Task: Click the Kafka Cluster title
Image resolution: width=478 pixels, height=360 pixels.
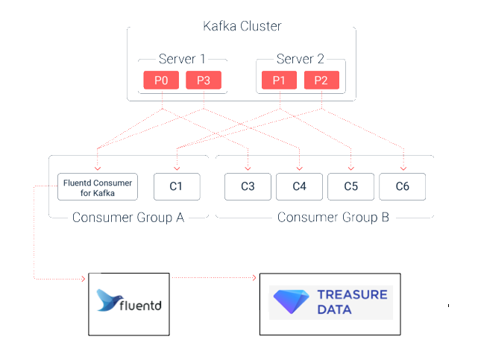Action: click(242, 27)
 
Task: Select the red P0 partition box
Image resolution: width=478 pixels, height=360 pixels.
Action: click(161, 80)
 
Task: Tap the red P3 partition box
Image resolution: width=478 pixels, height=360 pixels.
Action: click(203, 80)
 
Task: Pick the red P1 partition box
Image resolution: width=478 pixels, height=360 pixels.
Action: click(280, 80)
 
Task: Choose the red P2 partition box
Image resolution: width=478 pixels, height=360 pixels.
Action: click(321, 80)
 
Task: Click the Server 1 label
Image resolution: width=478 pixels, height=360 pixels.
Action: click(182, 59)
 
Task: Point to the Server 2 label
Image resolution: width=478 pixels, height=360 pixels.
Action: click(300, 59)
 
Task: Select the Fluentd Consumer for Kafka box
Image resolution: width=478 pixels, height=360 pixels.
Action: click(98, 186)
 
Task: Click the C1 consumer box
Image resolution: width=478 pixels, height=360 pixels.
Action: click(177, 186)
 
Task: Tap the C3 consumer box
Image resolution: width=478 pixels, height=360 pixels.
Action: click(248, 186)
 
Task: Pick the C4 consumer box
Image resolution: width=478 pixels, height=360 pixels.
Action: click(299, 186)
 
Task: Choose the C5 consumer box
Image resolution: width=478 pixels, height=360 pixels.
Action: click(350, 186)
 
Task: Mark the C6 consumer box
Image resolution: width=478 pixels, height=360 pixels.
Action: click(402, 186)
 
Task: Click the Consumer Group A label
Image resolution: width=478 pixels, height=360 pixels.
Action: click(128, 218)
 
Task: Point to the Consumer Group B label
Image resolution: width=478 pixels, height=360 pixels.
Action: click(333, 218)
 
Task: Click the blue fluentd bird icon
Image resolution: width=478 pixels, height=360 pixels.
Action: click(110, 301)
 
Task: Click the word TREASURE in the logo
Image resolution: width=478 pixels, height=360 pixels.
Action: click(352, 295)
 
